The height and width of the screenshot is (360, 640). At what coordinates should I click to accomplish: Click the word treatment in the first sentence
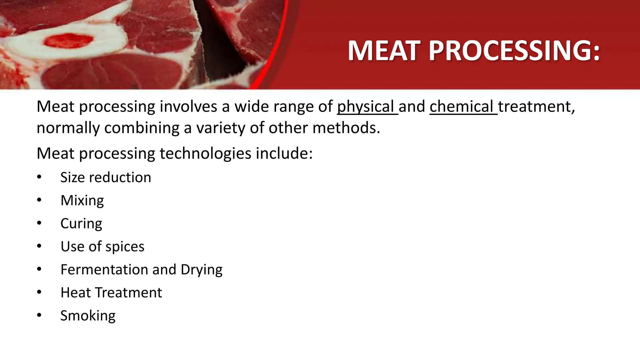point(536,107)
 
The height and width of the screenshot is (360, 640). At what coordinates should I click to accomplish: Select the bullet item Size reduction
point(106,177)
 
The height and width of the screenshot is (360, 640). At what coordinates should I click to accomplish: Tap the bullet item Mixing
point(82,201)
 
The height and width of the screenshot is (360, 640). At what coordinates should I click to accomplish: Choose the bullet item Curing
point(81,224)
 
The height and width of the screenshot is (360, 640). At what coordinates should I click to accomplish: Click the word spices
point(125,247)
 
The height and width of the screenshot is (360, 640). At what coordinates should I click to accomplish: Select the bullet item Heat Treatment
point(111,293)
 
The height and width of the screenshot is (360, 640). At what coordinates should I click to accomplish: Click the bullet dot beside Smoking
point(39,315)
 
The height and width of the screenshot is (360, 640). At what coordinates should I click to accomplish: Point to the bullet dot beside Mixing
point(39,200)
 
